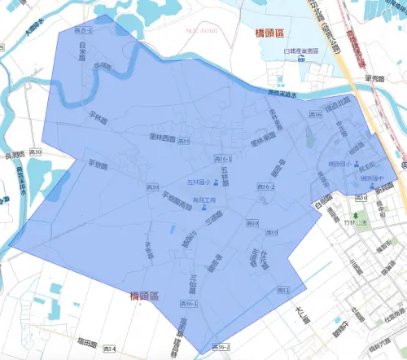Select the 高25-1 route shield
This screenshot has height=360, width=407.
click(84, 30)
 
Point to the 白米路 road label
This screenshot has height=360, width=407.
click(82, 57)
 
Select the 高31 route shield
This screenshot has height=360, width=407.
click(283, 290)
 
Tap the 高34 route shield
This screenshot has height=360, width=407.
click(109, 349)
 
